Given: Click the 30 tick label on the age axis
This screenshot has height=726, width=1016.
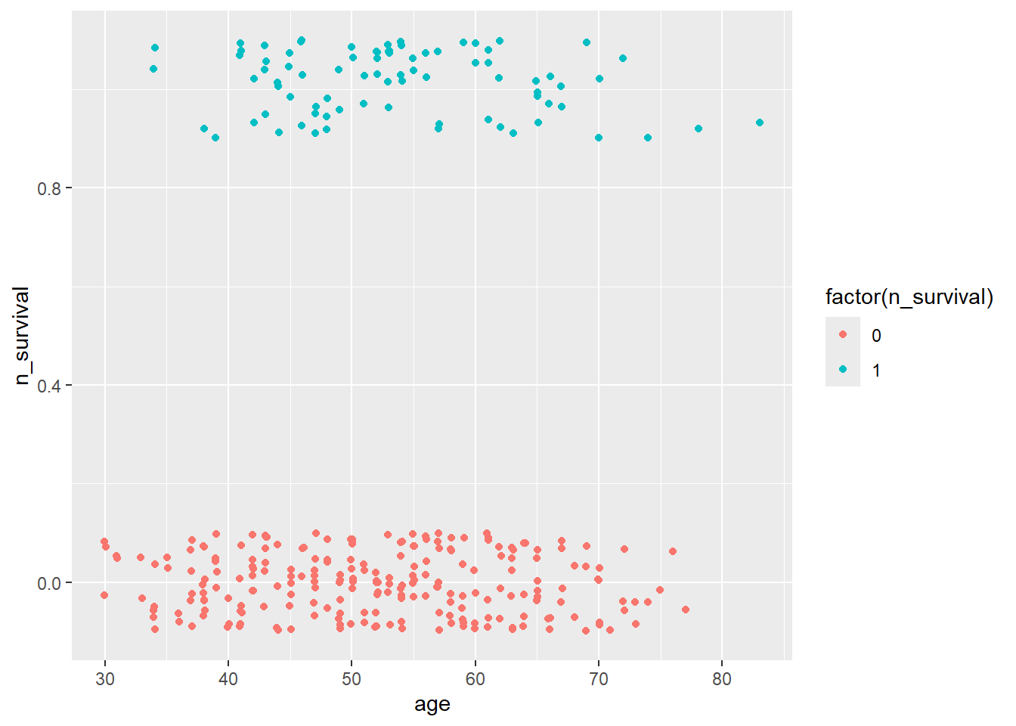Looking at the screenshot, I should pyautogui.click(x=105, y=679).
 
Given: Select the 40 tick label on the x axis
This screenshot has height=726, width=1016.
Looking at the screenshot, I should pyautogui.click(x=228, y=679).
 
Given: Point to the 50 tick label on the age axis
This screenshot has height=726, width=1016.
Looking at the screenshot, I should pyautogui.click(x=352, y=679).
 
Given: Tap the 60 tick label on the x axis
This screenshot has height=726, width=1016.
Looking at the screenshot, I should pyautogui.click(x=475, y=679).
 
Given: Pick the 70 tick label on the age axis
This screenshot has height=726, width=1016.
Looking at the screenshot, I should pyautogui.click(x=598, y=679).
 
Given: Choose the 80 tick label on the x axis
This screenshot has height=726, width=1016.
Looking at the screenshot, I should pyautogui.click(x=722, y=679).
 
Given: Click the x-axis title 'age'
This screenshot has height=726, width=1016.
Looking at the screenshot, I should pyautogui.click(x=432, y=705).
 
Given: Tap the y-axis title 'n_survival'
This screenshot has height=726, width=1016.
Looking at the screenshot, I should pyautogui.click(x=22, y=335).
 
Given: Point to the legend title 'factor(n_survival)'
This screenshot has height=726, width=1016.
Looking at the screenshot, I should pyautogui.click(x=909, y=297).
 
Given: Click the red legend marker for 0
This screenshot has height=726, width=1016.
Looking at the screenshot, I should pyautogui.click(x=843, y=334).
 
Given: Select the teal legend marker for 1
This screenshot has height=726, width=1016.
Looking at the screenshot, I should pyautogui.click(x=843, y=369).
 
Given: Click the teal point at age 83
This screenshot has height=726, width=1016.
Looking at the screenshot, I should pyautogui.click(x=760, y=123).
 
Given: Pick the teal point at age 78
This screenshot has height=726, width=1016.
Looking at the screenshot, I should pyautogui.click(x=698, y=129).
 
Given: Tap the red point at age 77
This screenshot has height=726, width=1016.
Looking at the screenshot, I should pyautogui.click(x=686, y=610).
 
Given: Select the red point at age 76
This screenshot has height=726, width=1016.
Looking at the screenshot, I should pyautogui.click(x=673, y=551).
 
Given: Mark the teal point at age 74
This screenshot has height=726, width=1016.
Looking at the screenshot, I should pyautogui.click(x=648, y=138).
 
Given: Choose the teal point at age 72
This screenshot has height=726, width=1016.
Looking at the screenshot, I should pyautogui.click(x=623, y=58).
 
